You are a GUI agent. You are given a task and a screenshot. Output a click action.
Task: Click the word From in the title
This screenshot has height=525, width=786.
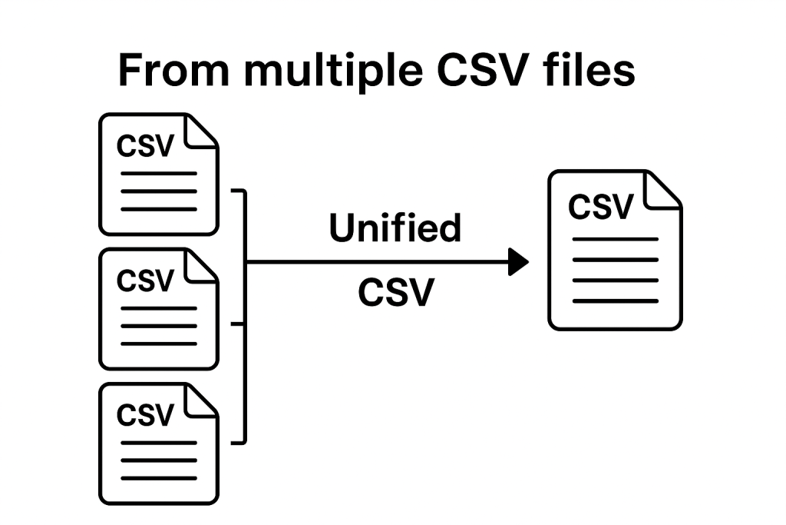[x=173, y=71]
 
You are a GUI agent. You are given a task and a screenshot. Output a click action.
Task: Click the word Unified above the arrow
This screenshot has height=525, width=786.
[x=395, y=228]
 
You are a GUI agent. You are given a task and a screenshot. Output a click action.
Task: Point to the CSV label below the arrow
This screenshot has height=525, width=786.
[x=395, y=293]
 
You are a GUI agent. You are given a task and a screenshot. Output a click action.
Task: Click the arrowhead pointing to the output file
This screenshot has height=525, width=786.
[x=520, y=262]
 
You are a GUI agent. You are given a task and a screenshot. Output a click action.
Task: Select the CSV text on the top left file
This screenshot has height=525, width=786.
[x=145, y=145]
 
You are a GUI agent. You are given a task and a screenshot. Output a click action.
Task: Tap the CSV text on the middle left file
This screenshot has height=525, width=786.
[x=145, y=281]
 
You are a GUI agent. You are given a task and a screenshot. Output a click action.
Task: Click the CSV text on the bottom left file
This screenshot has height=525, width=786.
[x=145, y=415]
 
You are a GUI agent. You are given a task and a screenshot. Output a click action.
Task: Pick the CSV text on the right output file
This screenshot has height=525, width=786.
[x=601, y=206]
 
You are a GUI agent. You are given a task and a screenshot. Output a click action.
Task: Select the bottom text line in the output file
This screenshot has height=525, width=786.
[x=615, y=301]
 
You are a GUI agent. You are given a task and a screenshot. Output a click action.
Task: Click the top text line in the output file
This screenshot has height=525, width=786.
[x=615, y=239]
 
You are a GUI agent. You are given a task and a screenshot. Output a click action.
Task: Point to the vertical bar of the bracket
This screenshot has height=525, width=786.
[x=245, y=315]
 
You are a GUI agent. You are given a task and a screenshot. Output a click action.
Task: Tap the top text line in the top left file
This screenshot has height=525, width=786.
[x=159, y=173]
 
